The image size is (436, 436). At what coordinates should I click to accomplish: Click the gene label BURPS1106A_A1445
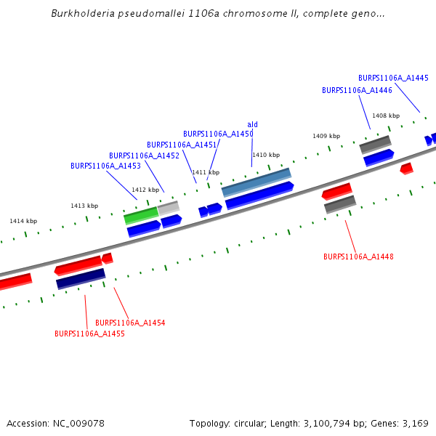pyautogui.click(x=393, y=78)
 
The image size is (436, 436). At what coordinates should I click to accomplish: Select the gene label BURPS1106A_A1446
pyautogui.click(x=357, y=90)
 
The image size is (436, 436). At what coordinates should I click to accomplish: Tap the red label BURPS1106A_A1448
pyautogui.click(x=358, y=257)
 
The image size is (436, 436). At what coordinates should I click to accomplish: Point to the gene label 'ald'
pyautogui.click(x=253, y=124)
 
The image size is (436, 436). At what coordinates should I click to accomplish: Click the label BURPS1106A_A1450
pyautogui.click(x=218, y=134)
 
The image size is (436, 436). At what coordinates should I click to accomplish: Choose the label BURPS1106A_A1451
pyautogui.click(x=182, y=145)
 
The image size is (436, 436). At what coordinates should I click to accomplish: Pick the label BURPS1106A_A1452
pyautogui.click(x=144, y=156)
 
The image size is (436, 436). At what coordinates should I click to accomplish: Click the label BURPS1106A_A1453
pyautogui.click(x=105, y=166)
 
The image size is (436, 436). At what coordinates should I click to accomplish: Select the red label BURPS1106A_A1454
pyautogui.click(x=130, y=323)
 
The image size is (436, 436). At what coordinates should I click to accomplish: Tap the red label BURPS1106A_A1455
pyautogui.click(x=89, y=334)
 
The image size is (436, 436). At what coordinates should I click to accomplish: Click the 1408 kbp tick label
pyautogui.click(x=386, y=116)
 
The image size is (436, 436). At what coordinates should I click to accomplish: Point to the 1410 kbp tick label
pyautogui.click(x=266, y=155)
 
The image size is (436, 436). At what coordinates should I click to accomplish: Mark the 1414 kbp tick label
pyautogui.click(x=23, y=221)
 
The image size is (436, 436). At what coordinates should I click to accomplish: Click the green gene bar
pyautogui.click(x=141, y=216)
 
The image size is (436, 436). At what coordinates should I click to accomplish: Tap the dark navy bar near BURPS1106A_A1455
pyautogui.click(x=81, y=278)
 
